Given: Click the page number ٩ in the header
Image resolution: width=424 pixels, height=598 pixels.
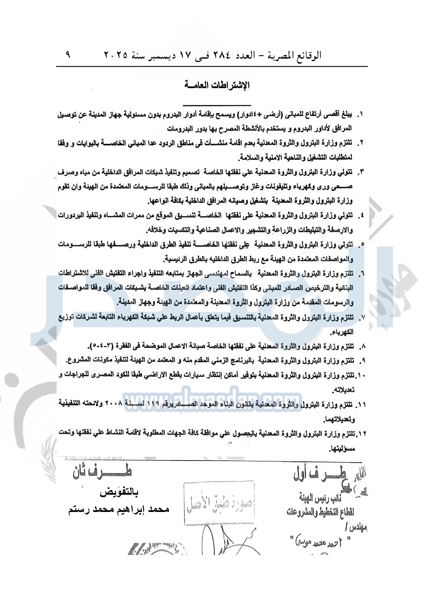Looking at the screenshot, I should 68,54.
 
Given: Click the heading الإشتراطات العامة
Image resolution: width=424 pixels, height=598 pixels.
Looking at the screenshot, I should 217,85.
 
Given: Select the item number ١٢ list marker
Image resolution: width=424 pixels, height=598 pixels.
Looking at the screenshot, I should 361,433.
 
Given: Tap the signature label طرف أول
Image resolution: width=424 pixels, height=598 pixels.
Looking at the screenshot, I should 319,474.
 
